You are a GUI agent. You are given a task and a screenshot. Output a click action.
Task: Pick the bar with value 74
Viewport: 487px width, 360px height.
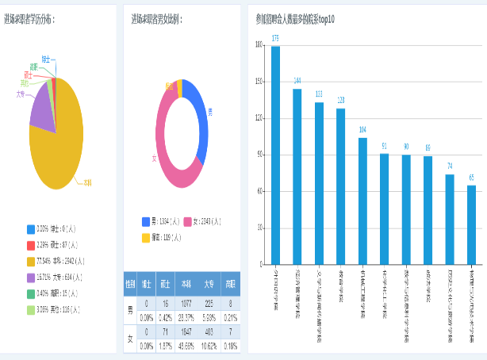point(450,219)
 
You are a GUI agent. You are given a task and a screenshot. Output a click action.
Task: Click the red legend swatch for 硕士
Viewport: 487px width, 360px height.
point(30,244)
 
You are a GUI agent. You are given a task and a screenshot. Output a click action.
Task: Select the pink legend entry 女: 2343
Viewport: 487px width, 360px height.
point(208,222)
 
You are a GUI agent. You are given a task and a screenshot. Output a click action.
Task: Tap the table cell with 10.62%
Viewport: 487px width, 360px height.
point(209,346)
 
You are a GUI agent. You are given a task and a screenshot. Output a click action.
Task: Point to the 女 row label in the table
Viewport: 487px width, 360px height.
point(129,339)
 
